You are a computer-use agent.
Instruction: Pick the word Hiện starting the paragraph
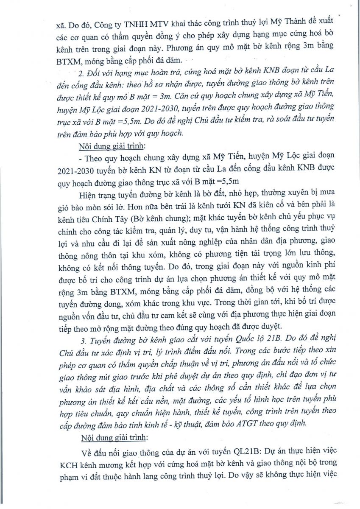click(87, 197)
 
